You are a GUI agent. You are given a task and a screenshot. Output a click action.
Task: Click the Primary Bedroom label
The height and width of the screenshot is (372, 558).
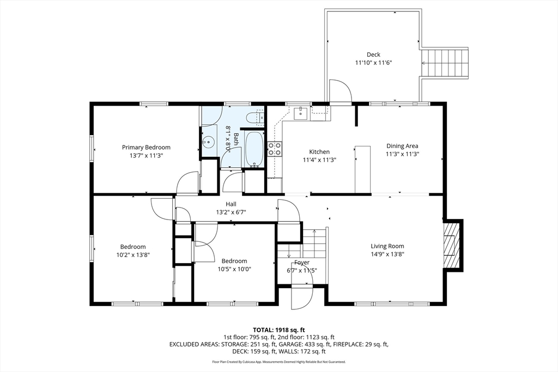click(x=146, y=147)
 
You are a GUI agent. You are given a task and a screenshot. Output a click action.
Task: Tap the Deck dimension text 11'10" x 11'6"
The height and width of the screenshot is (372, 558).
click(x=373, y=63)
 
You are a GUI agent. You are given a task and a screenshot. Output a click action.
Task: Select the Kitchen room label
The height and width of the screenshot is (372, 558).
click(x=319, y=152)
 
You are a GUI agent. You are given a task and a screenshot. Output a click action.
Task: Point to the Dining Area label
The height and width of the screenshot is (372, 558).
click(x=402, y=146)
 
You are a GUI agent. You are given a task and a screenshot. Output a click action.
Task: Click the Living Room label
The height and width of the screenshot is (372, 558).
click(x=387, y=246)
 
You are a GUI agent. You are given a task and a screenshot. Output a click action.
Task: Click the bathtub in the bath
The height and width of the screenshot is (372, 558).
click(x=253, y=149)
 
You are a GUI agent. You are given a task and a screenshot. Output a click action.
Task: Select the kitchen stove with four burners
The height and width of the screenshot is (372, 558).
click(x=274, y=149)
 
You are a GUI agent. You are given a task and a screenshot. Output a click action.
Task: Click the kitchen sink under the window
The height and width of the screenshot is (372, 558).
click(x=300, y=113)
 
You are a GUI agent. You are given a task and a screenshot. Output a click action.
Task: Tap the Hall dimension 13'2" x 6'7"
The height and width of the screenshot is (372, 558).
click(x=231, y=212)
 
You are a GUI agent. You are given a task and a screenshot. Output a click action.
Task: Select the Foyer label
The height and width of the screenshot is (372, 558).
click(x=302, y=263)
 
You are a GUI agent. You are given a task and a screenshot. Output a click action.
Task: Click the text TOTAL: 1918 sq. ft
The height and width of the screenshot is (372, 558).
click(x=279, y=330)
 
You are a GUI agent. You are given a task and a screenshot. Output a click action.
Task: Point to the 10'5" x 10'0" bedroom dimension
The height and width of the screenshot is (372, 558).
click(x=234, y=269)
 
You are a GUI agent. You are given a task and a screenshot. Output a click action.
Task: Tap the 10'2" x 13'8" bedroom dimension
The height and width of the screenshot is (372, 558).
click(x=133, y=255)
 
